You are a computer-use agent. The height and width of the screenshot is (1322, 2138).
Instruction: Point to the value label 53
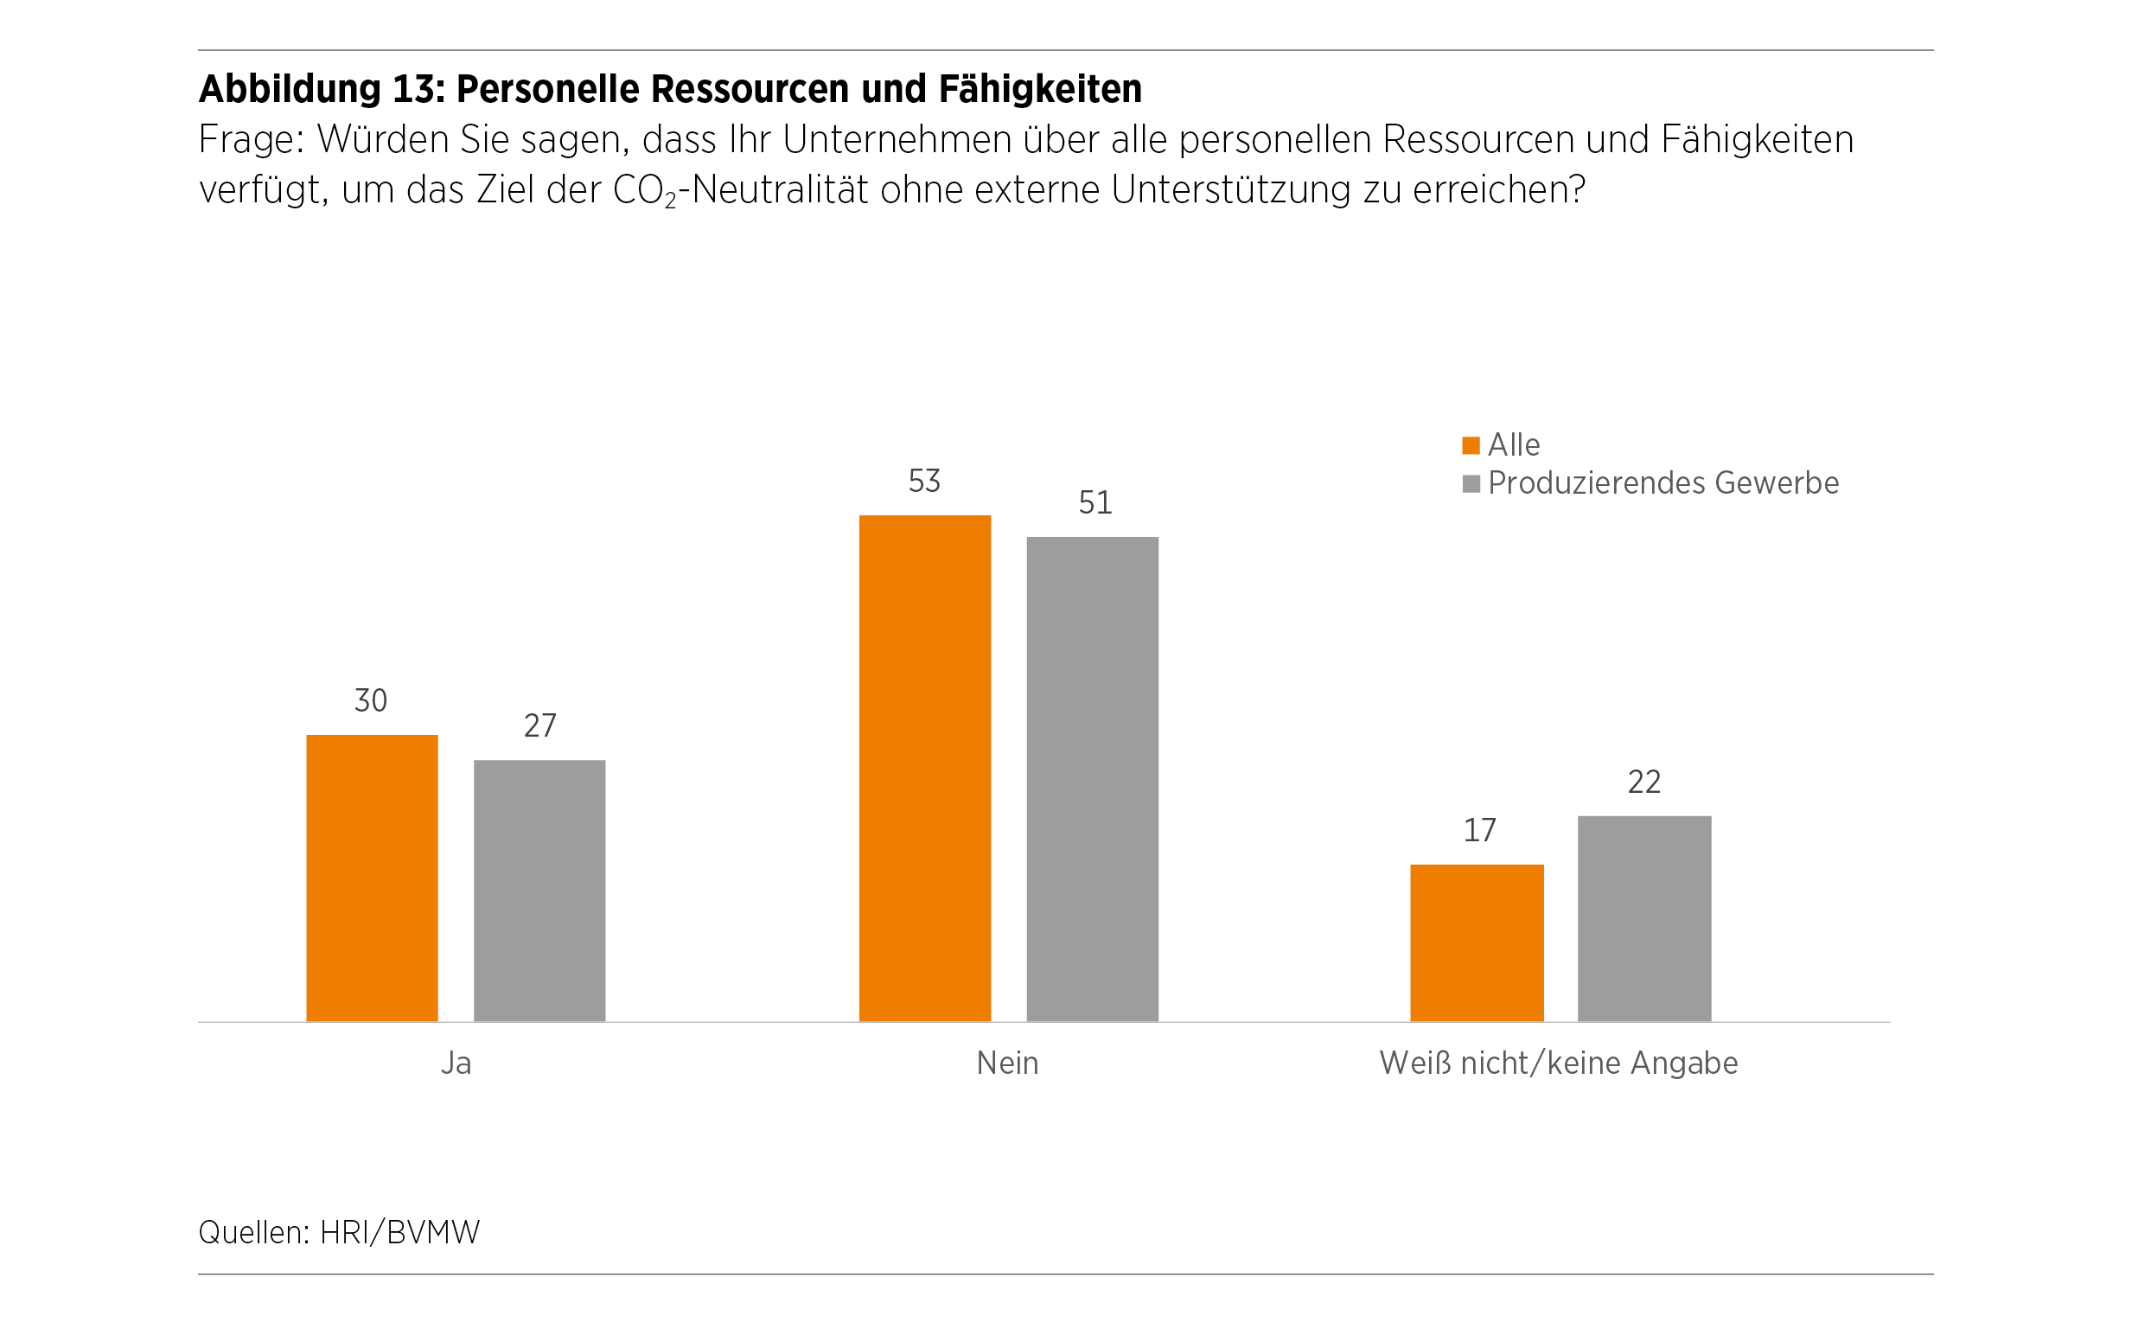click(924, 482)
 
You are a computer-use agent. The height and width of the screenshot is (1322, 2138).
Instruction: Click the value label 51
click(1095, 503)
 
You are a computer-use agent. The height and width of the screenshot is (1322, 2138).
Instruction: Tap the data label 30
click(371, 701)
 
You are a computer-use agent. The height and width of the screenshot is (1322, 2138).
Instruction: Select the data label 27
click(539, 726)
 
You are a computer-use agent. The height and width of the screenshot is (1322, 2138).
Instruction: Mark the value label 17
click(1479, 831)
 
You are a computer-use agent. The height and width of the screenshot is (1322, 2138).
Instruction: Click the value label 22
click(1643, 782)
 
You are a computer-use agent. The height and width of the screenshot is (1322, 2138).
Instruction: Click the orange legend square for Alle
click(1471, 446)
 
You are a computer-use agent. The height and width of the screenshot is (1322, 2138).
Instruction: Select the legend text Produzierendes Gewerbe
click(1663, 483)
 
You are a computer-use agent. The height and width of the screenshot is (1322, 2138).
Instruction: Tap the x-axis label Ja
click(456, 1064)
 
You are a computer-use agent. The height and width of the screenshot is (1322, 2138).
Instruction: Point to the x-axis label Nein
click(1007, 1064)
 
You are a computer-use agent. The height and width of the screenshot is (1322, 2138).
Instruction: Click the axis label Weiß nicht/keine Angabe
click(1559, 1064)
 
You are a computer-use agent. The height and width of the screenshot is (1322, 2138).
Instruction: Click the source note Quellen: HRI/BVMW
click(339, 1233)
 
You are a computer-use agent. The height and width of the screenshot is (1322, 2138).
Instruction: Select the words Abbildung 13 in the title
click(320, 89)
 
